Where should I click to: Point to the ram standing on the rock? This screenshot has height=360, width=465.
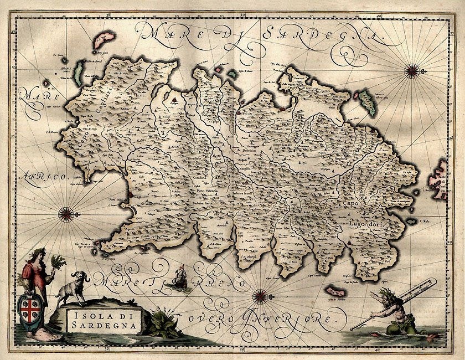tap(75, 285)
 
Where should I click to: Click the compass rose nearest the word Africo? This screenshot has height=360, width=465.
tap(67, 211)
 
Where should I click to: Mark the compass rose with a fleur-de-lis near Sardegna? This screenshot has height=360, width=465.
tap(411, 70)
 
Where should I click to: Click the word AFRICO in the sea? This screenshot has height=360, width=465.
tap(42, 177)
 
